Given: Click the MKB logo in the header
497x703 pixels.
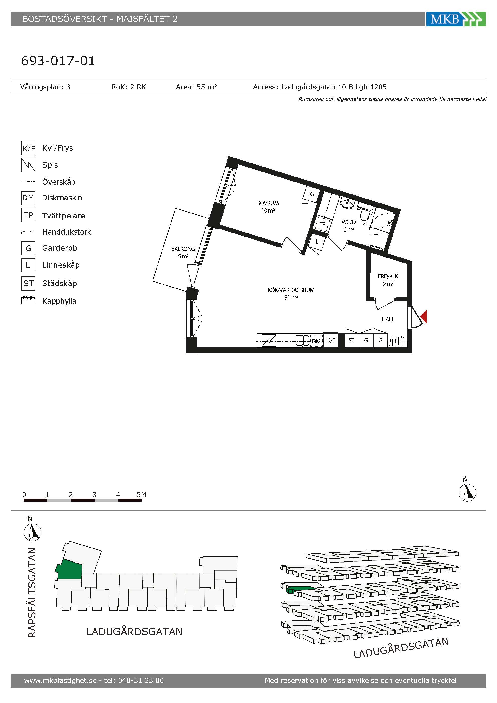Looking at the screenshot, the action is tap(456, 19).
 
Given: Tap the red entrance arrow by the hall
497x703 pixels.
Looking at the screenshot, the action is tap(424, 316).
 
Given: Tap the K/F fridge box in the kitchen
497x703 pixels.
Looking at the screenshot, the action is tap(331, 340).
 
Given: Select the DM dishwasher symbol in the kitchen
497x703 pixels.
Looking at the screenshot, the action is tap(316, 341).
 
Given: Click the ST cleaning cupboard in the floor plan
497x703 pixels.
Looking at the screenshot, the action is tap(352, 340).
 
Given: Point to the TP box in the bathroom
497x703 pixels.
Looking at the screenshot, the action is tap(322, 224).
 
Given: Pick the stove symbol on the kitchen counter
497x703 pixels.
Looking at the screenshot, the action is tap(269, 340).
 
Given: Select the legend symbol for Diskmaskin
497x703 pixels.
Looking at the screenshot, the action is tap(28, 198).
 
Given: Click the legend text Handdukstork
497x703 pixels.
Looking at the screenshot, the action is tap(66, 232).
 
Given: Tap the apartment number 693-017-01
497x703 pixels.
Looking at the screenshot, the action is tap(58, 61).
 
